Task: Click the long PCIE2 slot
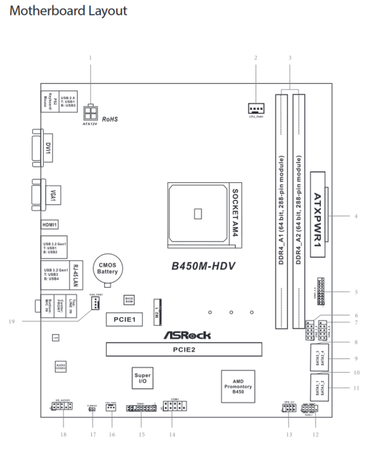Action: tap(183, 349)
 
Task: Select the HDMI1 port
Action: tap(49, 225)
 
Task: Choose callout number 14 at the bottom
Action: tap(172, 434)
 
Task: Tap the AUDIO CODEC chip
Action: tap(60, 367)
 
